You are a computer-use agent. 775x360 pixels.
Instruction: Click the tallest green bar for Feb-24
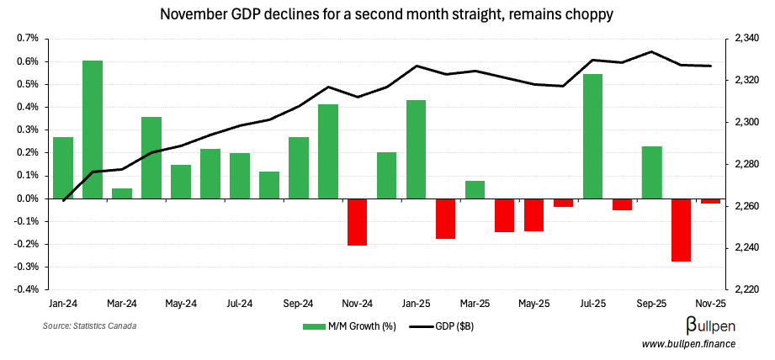point(93,130)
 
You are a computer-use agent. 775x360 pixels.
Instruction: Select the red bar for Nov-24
point(358,222)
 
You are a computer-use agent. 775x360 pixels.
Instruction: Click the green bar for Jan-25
point(417,149)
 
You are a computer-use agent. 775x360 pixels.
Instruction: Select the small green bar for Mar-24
point(122,193)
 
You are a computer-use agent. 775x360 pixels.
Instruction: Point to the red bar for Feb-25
point(446,219)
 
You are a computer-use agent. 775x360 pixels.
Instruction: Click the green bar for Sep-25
point(652,172)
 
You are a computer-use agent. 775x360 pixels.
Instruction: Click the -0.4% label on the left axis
point(26,289)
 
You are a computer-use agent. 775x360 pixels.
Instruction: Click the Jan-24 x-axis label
point(63,303)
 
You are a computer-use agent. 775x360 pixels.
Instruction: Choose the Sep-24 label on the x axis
point(299,303)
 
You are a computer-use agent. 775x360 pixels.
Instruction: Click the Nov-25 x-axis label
point(711,303)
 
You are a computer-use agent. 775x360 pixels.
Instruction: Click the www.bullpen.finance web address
point(688,344)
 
